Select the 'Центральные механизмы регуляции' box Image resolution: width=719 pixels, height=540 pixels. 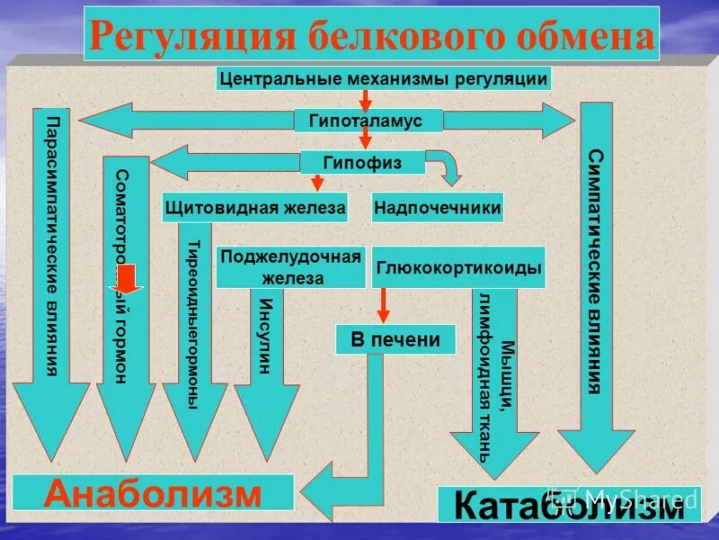point(384,78)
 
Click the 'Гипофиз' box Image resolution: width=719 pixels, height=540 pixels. point(363,162)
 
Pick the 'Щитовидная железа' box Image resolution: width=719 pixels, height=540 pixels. point(255,208)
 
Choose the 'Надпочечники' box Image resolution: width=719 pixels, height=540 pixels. point(437,208)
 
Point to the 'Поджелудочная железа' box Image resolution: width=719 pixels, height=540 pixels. point(290,267)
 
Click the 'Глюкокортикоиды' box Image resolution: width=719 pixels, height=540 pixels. point(458,267)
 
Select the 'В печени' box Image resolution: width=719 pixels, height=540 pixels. point(395,339)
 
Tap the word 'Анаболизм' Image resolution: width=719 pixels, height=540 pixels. point(154,493)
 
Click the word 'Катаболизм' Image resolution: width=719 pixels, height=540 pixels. point(568,505)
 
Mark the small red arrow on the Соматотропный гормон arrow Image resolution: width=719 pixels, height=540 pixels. point(129,280)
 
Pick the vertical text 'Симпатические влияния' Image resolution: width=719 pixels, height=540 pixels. point(595,270)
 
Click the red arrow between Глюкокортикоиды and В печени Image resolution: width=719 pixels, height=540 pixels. point(383,306)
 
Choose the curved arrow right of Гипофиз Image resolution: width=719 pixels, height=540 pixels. point(444,168)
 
